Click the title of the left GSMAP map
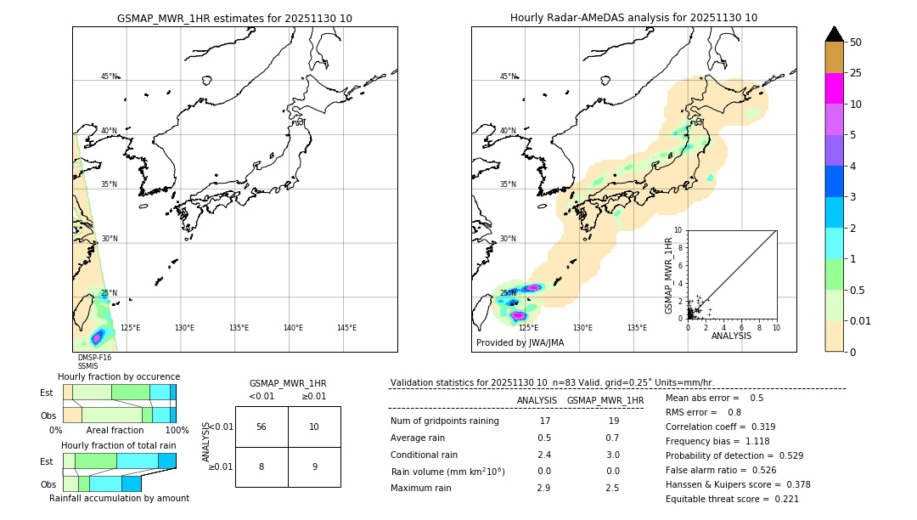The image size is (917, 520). (234, 18)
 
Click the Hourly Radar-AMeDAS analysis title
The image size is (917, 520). (633, 18)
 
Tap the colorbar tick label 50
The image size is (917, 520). (856, 42)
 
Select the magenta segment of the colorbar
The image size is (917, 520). (835, 88)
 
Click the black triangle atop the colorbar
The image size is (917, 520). (835, 34)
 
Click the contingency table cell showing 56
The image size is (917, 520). (262, 427)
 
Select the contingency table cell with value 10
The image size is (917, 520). (314, 427)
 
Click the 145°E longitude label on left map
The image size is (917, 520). (346, 328)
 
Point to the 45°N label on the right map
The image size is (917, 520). (508, 76)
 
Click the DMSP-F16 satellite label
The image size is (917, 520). (94, 358)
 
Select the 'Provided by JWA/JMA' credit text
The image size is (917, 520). (520, 343)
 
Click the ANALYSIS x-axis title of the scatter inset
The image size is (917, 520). (731, 336)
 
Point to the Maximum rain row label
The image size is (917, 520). (426, 488)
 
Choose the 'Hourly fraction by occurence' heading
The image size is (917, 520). (119, 376)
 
